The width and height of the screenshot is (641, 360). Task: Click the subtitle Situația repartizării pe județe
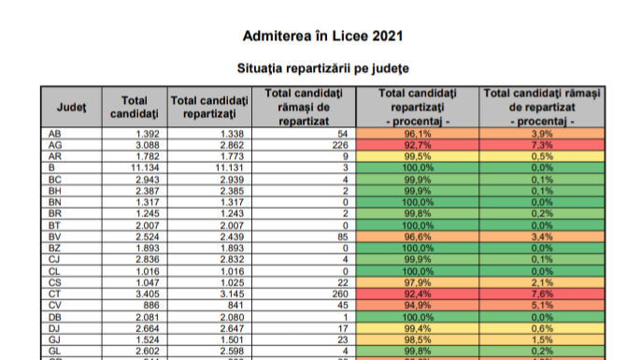(x=321, y=68)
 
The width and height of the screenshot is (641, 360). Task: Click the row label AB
(x=54, y=135)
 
